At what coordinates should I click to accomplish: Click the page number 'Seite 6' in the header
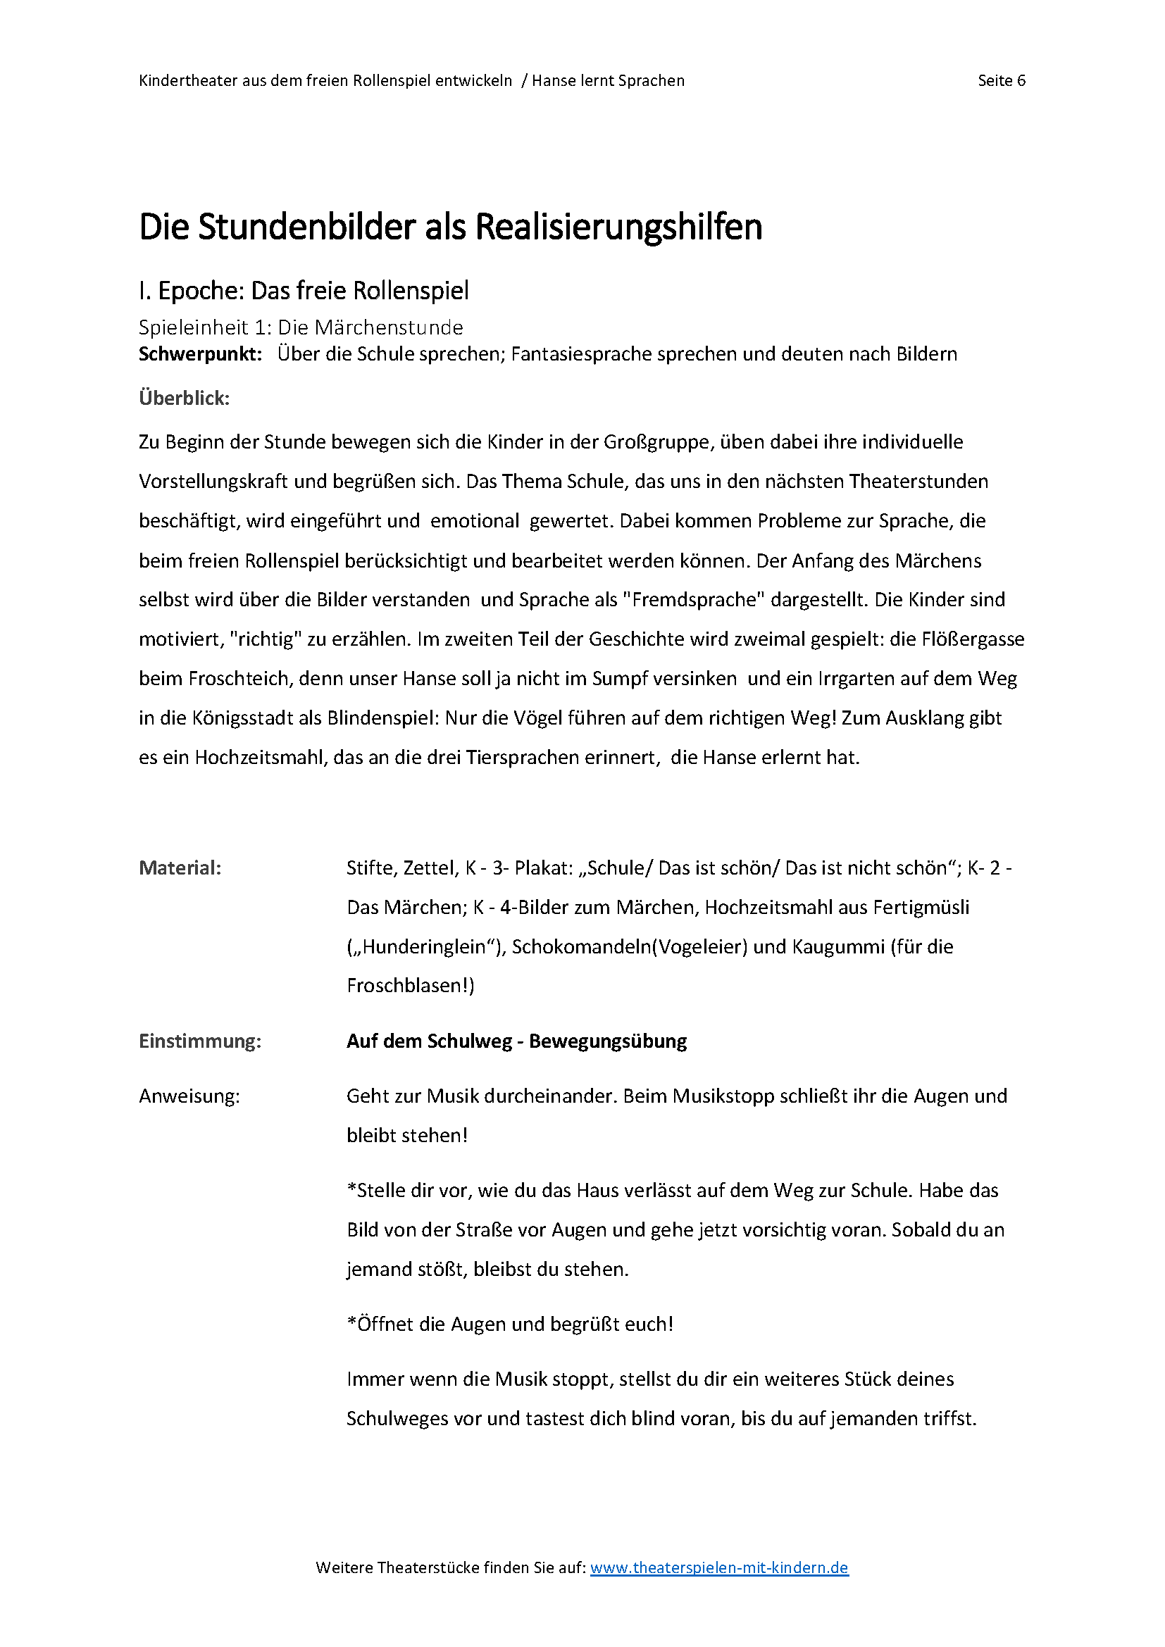1001,80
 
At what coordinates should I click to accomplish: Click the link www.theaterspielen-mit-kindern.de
719,1567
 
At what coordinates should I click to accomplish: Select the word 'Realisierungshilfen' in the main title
618,227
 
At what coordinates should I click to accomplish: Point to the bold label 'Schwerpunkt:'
200,353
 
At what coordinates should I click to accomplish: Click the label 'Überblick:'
185,398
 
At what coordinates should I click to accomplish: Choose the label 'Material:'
180,868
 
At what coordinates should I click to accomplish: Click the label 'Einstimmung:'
200,1041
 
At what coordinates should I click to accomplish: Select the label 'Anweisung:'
189,1096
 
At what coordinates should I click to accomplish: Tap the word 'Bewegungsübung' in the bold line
608,1041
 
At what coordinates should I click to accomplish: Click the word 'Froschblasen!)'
411,986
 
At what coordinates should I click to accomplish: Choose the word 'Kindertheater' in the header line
188,80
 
